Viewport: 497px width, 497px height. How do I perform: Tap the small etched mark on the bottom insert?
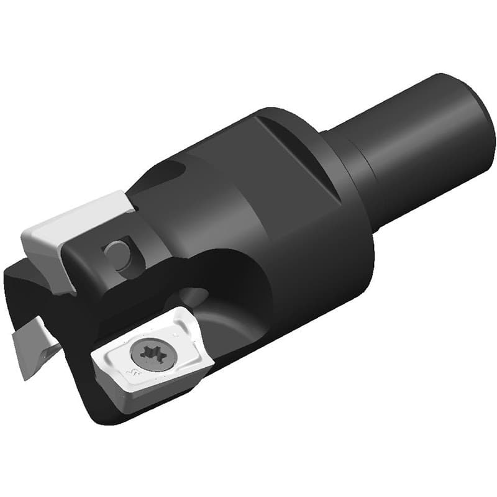(x=133, y=373)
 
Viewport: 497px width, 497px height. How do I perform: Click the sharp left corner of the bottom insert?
(x=93, y=357)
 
